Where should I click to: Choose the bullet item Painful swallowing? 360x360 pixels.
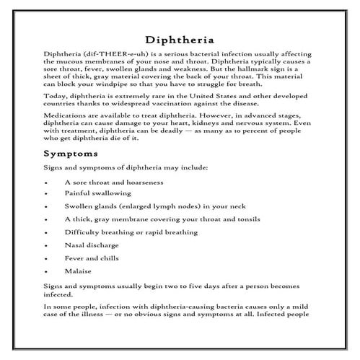point(97,194)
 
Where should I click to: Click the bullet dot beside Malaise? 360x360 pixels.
point(46,273)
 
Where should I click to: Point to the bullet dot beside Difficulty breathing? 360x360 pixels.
point(46,234)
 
